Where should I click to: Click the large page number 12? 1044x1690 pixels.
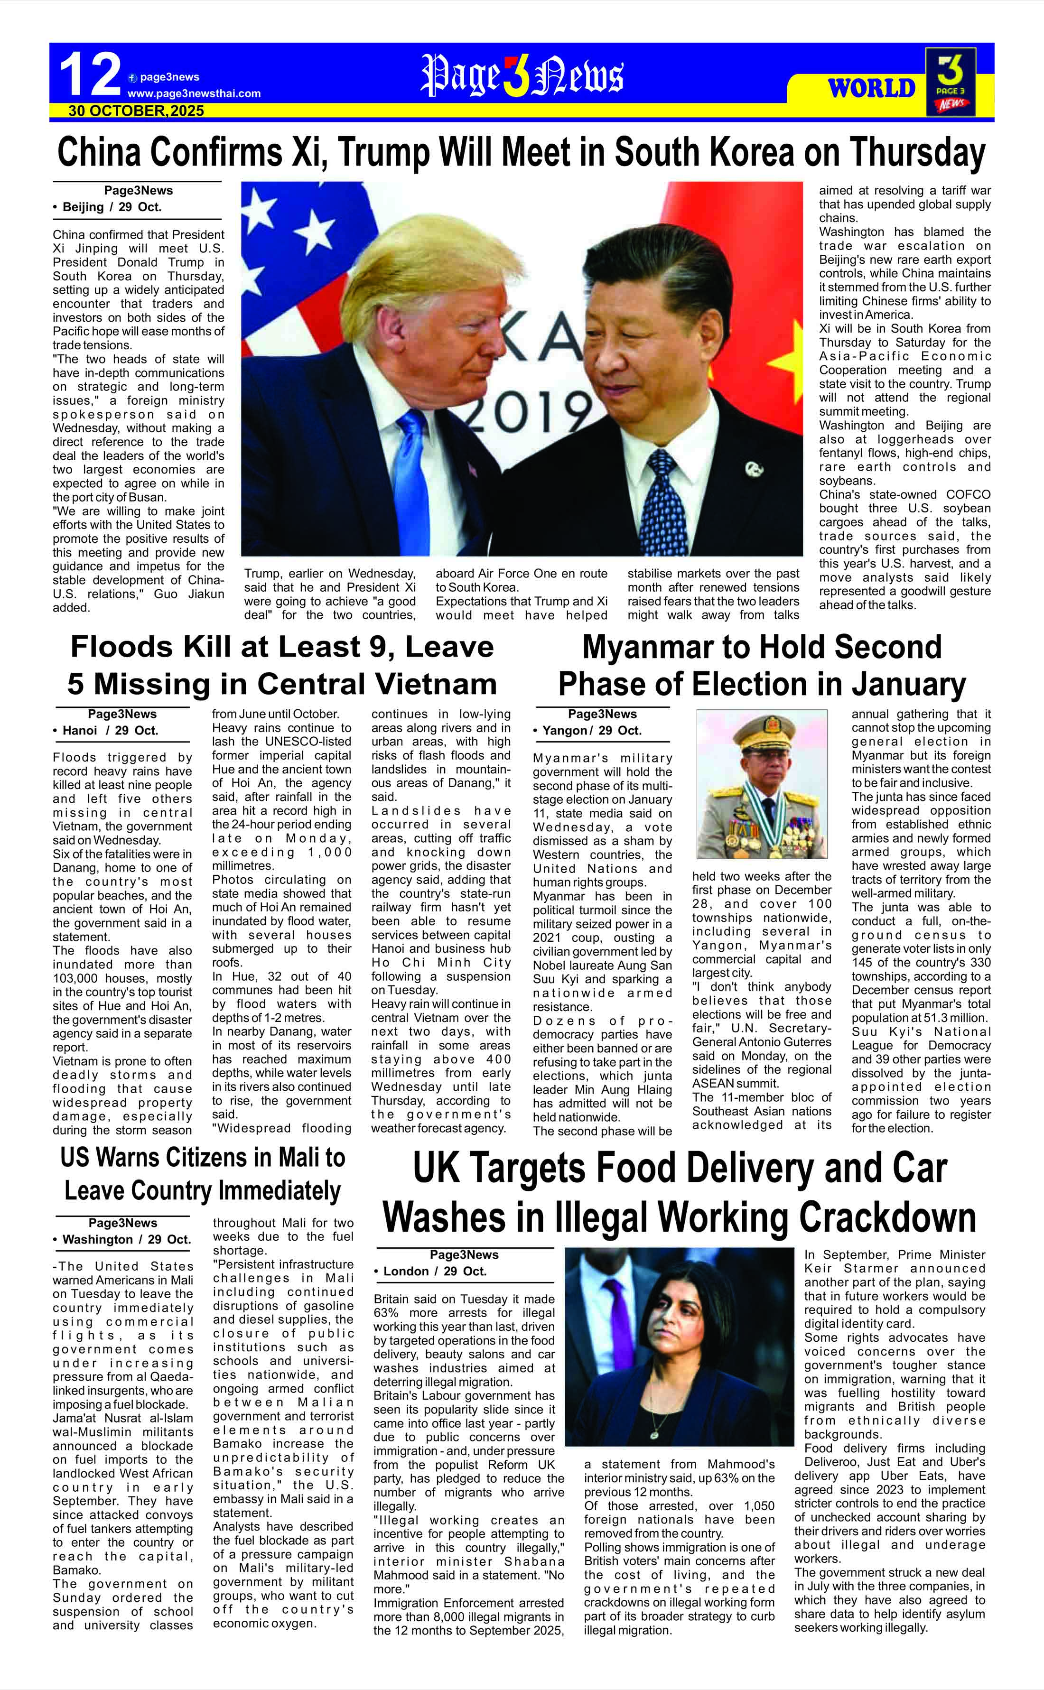90,75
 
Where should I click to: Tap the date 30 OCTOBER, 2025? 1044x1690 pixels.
136,111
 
